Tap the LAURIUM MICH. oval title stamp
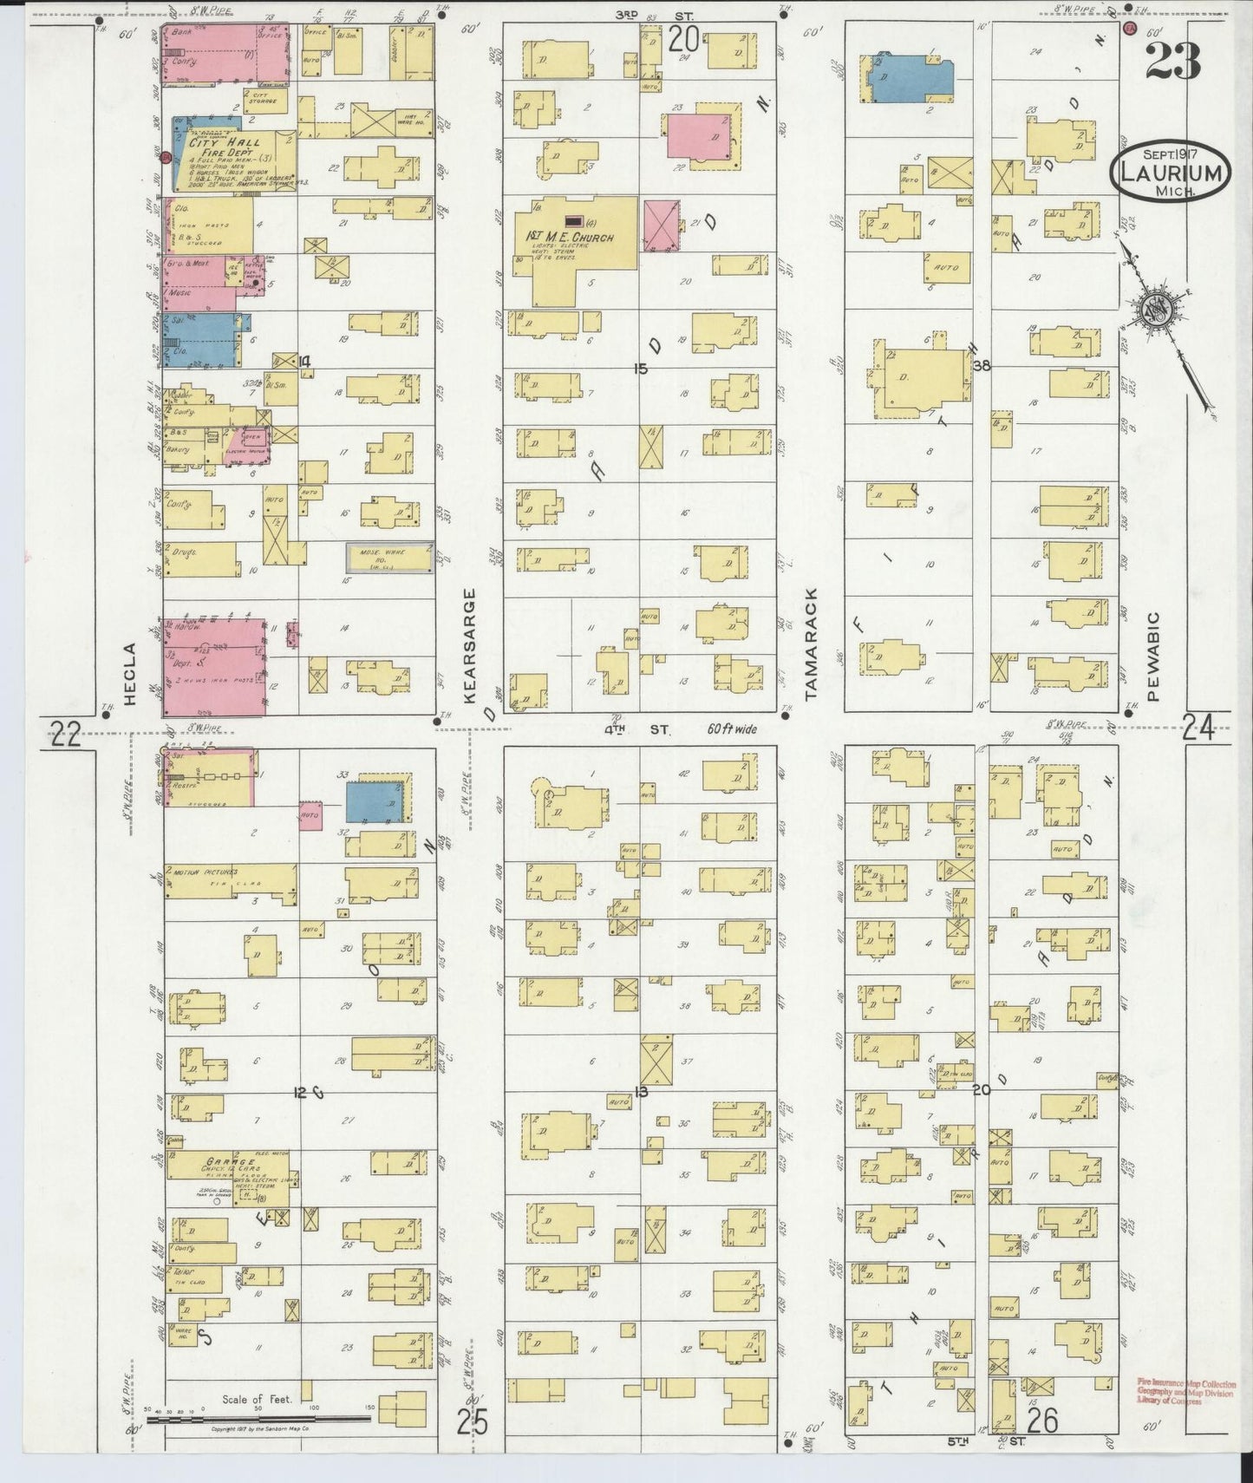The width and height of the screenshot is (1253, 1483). click(x=1171, y=174)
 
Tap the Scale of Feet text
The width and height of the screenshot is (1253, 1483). click(x=258, y=1399)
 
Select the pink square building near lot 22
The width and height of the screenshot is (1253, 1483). click(x=699, y=136)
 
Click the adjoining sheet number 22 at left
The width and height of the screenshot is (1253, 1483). click(x=65, y=735)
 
